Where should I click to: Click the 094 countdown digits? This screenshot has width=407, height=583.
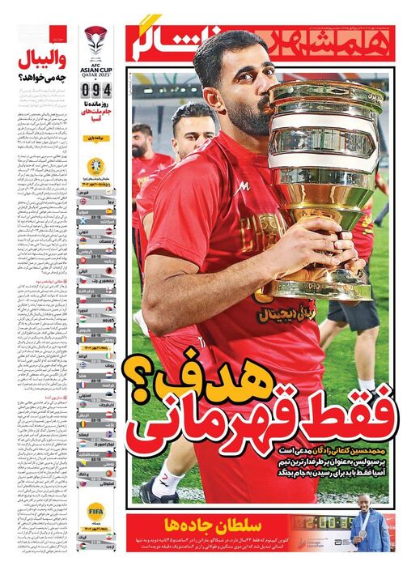tap(95, 90)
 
